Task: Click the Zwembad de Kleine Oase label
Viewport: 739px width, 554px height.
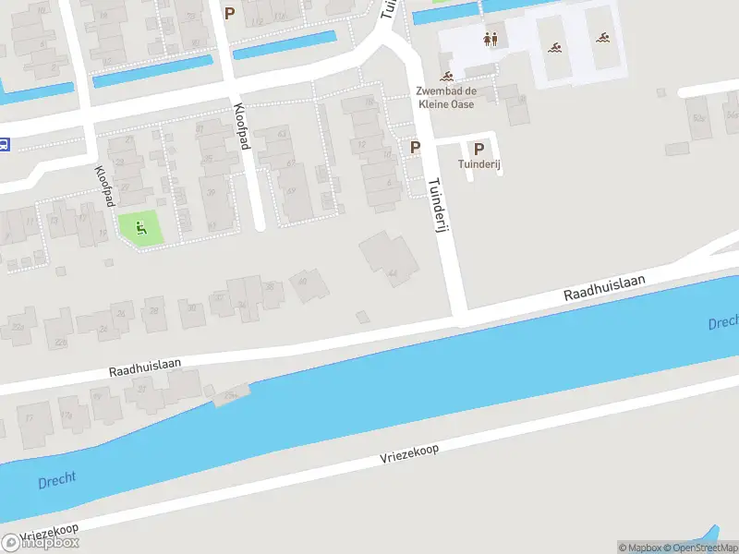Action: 446,98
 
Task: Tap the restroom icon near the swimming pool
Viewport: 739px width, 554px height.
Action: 491,40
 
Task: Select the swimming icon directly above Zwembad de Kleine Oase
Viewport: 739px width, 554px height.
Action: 447,77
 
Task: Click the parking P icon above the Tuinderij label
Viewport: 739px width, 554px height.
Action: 479,148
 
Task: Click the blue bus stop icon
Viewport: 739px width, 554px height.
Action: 5,144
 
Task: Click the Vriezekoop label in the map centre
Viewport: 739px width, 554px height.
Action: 409,452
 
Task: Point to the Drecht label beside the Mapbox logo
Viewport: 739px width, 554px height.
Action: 57,480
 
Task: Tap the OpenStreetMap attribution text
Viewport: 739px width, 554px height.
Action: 698,548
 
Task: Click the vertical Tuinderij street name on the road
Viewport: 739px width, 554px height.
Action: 438,204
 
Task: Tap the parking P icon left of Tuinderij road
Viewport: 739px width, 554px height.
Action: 416,148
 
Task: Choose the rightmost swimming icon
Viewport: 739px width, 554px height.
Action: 603,39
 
